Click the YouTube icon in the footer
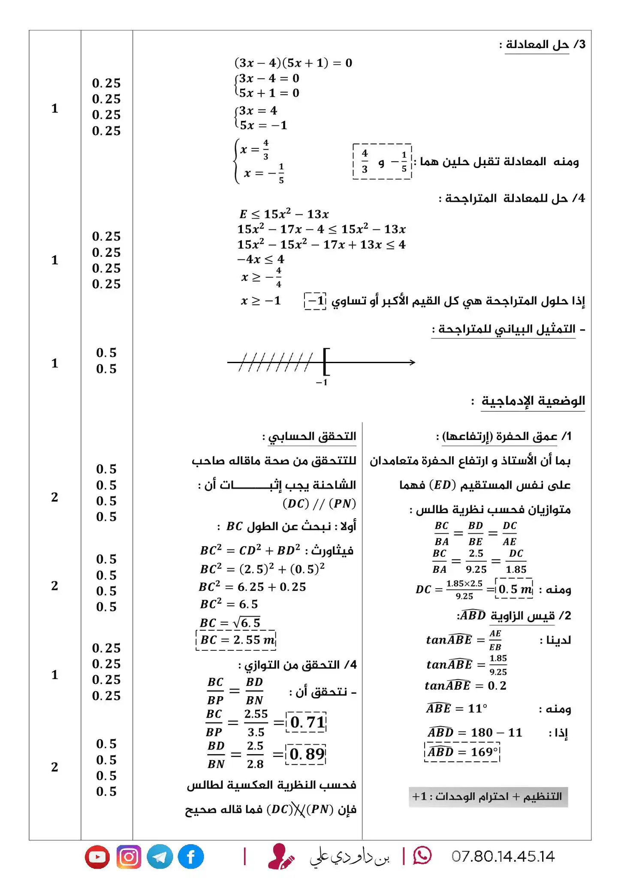point(97,857)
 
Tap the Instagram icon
point(129,857)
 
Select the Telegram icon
point(160,857)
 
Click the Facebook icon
point(191,857)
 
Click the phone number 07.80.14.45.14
point(503,857)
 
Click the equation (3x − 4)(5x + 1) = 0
point(293,63)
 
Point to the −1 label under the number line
point(322,382)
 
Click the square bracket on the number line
point(326,361)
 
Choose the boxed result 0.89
point(307,754)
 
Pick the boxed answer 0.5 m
point(515,589)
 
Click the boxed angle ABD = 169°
point(462,752)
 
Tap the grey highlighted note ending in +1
point(488,797)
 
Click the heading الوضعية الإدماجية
point(533,401)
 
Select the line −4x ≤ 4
point(261,259)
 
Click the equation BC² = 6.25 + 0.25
point(253,586)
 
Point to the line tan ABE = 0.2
point(465,686)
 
